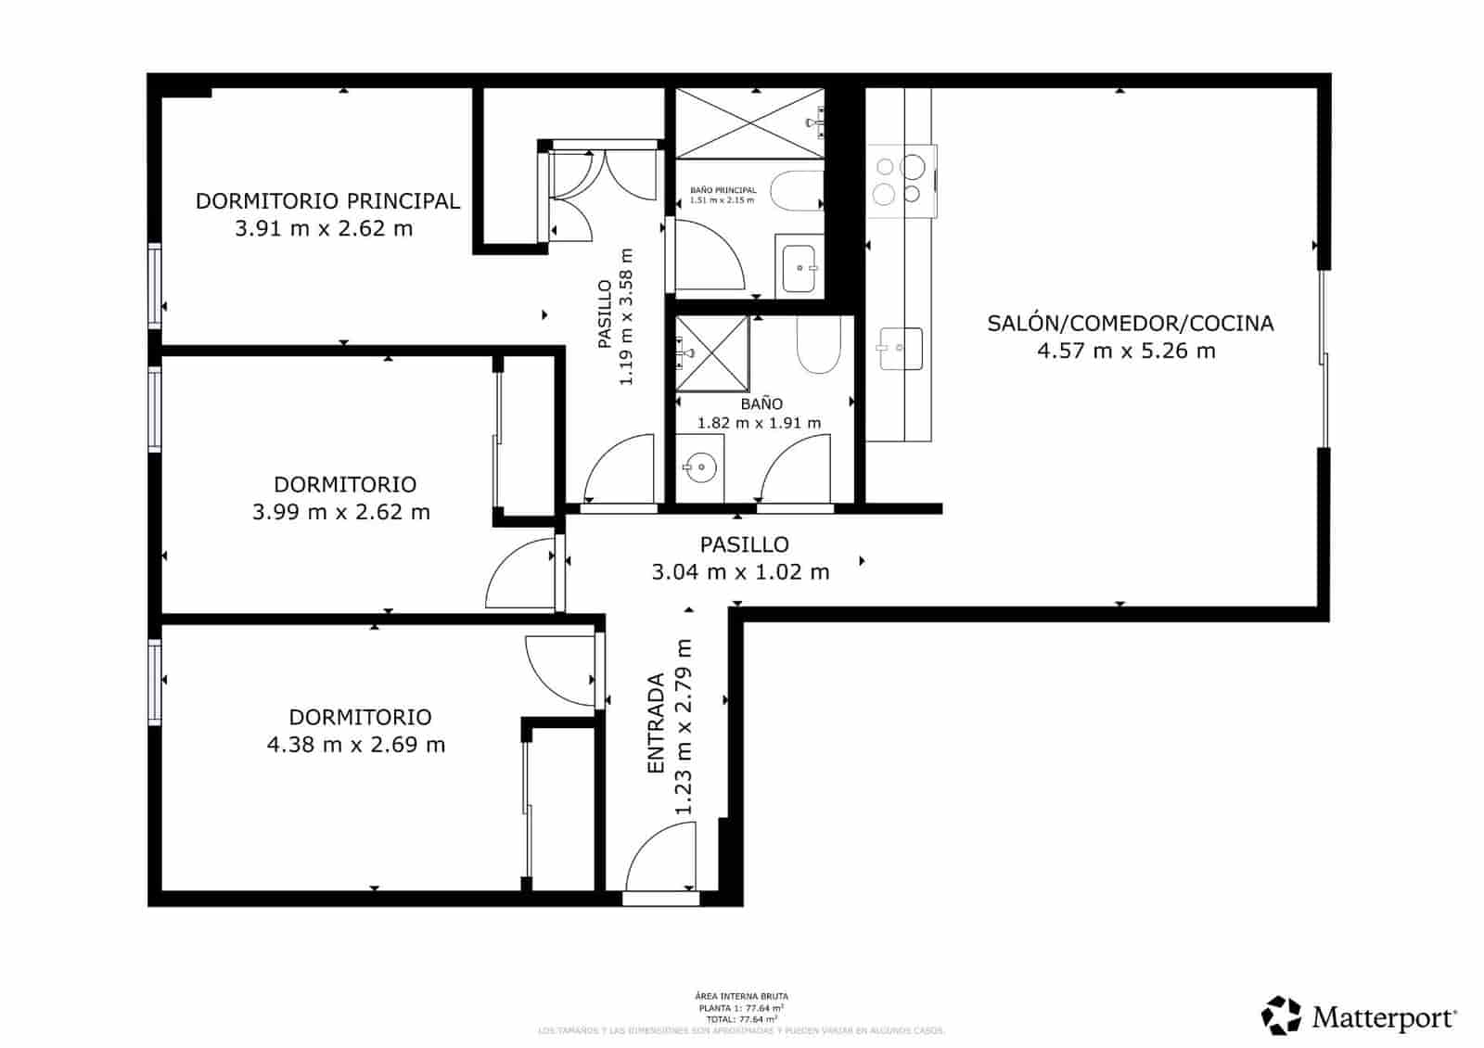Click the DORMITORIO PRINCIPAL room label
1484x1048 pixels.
pyautogui.click(x=327, y=200)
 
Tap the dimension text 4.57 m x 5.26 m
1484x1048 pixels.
pyautogui.click(x=1126, y=351)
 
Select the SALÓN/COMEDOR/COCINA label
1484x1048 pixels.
pyautogui.click(x=1130, y=323)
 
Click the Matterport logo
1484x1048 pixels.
pyautogui.click(x=1360, y=1016)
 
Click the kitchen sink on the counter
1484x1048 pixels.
pyautogui.click(x=900, y=349)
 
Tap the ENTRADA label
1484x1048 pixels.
pyautogui.click(x=656, y=723)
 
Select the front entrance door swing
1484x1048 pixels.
pyautogui.click(x=660, y=861)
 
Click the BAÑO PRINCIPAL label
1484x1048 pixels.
pyautogui.click(x=723, y=190)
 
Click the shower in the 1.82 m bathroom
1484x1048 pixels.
pyautogui.click(x=711, y=352)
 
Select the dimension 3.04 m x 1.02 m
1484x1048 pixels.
pyautogui.click(x=740, y=572)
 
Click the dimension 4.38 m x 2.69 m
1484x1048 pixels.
pyautogui.click(x=356, y=745)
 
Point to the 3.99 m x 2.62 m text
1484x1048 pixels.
pyautogui.click(x=341, y=512)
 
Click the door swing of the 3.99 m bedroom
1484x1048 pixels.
pyautogui.click(x=518, y=575)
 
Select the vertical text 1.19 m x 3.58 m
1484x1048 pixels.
pyautogui.click(x=626, y=317)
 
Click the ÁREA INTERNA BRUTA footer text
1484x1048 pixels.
pyautogui.click(x=741, y=996)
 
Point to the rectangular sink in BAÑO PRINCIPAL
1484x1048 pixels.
pyautogui.click(x=800, y=268)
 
